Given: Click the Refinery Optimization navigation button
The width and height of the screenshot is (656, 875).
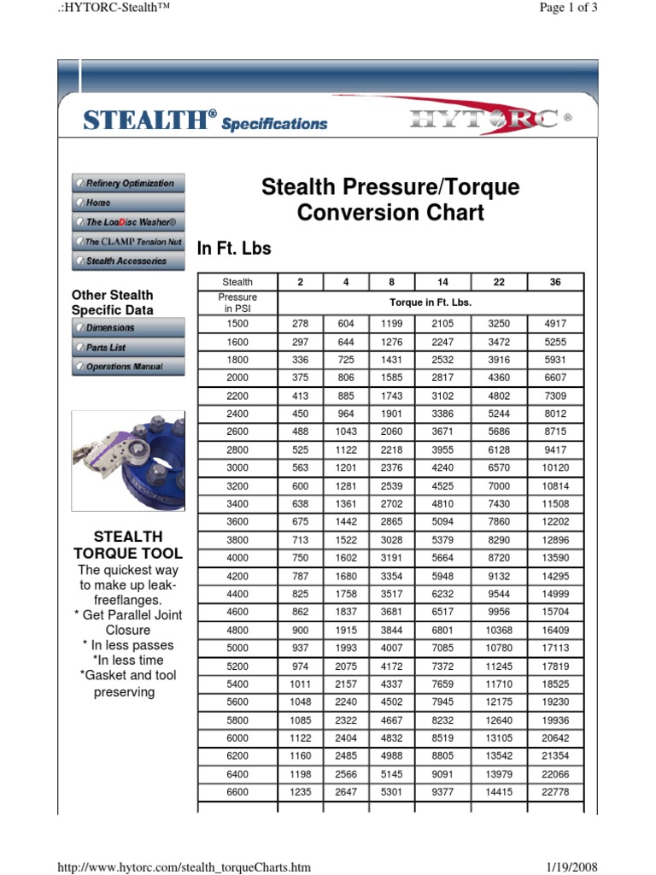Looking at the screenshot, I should point(128,184).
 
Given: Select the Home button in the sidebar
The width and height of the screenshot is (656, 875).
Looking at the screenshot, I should point(128,203).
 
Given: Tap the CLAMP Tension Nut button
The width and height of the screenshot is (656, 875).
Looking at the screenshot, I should point(128,242).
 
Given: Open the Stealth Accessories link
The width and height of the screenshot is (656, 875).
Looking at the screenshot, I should point(128,261).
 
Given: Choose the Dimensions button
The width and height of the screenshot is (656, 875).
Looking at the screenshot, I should point(128,328).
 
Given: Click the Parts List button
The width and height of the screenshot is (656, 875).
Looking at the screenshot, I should point(128,348).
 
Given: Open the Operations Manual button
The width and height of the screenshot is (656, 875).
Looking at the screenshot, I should point(128,367).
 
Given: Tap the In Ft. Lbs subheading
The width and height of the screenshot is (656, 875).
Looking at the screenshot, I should point(234,249).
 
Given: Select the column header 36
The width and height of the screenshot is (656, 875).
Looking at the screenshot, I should point(555,282).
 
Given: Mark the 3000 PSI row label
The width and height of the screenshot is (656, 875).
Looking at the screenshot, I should point(237,468).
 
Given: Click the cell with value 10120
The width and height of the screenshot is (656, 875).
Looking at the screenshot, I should point(555,468).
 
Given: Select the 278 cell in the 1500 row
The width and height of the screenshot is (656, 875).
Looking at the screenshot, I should point(301,324).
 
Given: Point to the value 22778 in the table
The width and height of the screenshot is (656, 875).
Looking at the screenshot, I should point(555,792).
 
